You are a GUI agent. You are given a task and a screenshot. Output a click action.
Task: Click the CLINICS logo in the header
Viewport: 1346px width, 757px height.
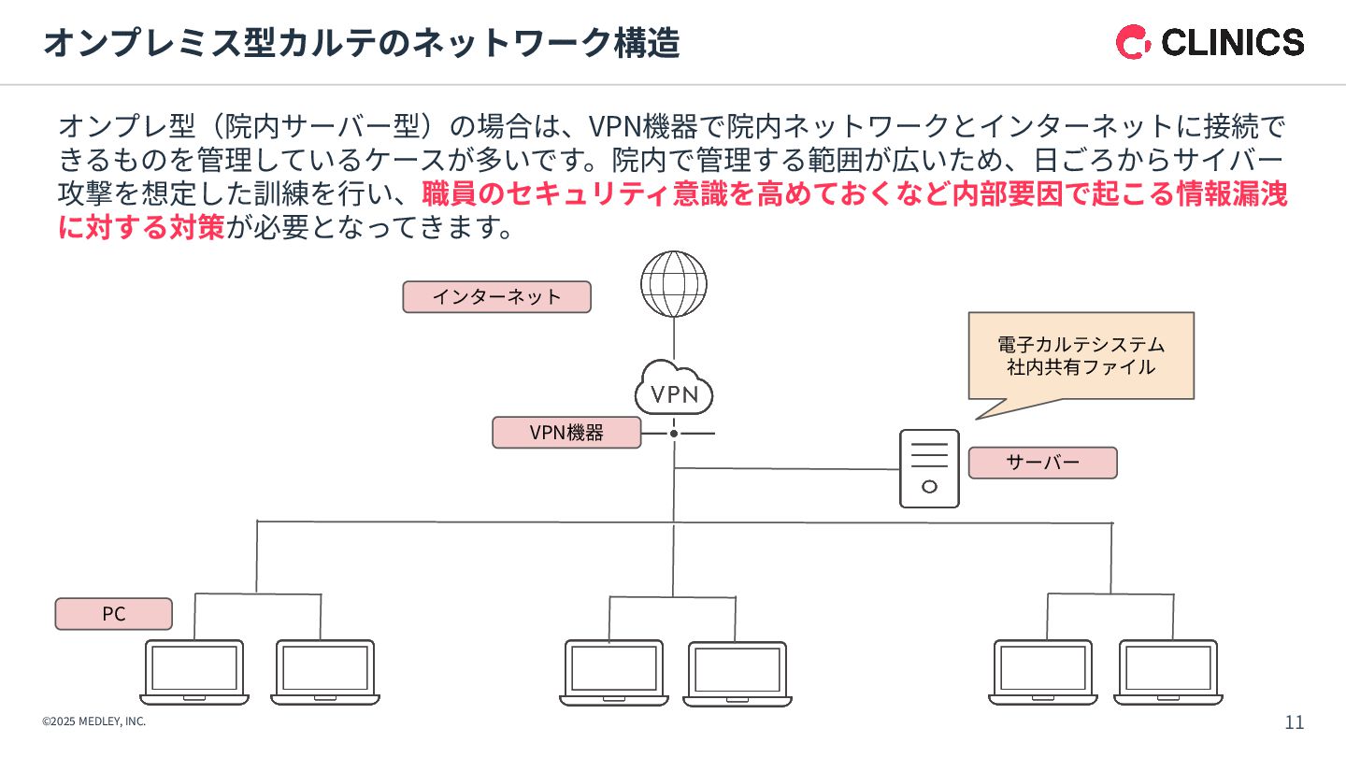pos(1210,42)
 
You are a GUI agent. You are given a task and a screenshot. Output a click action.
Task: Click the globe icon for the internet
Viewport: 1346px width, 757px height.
pos(674,283)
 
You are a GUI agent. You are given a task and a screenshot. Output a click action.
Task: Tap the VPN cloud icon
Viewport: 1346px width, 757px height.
pos(674,392)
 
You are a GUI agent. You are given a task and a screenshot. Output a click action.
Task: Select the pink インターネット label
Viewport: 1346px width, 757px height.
pos(496,297)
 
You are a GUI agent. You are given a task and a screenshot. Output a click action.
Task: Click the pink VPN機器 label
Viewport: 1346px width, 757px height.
pos(566,433)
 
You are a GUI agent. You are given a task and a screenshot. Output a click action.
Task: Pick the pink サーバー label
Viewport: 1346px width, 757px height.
pos(1042,463)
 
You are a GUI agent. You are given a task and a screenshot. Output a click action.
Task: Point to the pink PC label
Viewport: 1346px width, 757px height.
pos(114,614)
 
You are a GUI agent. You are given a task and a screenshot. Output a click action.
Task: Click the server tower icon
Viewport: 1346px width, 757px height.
pos(929,468)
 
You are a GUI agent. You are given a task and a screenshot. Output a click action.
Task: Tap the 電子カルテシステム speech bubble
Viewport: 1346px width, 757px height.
pos(1081,356)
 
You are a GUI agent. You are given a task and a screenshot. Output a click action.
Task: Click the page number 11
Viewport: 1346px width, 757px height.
pos(1295,722)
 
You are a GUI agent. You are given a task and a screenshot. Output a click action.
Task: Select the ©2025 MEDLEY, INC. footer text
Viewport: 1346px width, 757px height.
pos(93,721)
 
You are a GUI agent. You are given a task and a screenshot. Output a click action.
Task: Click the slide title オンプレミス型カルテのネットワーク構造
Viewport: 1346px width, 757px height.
pos(361,43)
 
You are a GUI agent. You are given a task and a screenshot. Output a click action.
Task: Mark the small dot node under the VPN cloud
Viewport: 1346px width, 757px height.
pos(673,434)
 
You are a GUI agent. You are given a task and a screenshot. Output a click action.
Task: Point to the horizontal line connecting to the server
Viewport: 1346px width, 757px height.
pos(785,468)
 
